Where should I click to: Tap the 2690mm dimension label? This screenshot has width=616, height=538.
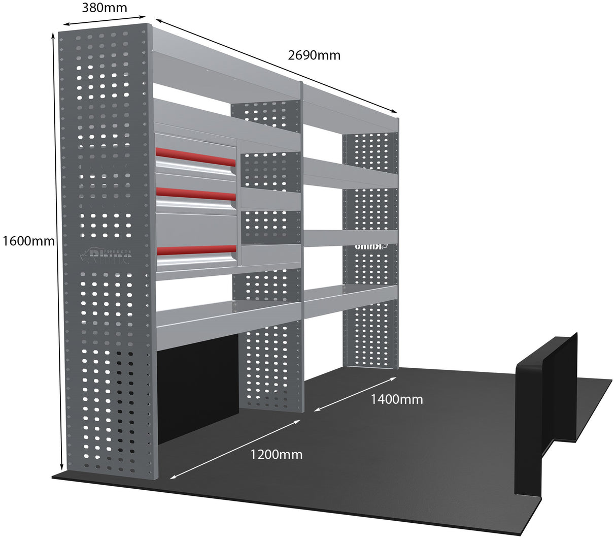314,55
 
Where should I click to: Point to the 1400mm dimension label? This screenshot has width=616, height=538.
396,399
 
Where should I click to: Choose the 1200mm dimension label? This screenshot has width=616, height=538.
276,454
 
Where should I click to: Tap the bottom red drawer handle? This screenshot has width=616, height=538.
195,249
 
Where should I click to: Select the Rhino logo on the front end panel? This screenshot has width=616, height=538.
106,256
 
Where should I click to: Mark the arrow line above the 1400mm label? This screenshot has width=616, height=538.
355,394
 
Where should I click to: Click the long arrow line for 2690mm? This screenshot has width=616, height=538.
276,66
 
